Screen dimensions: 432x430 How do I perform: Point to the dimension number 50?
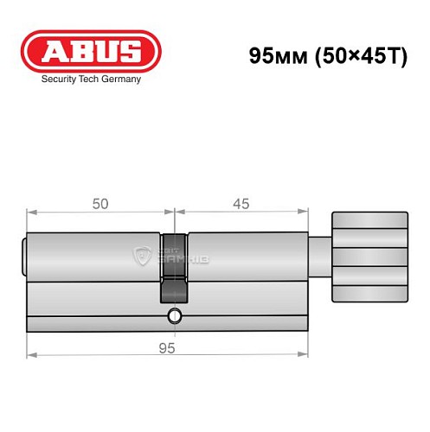tap(100, 204)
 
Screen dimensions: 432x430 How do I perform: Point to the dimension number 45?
tap(241, 204)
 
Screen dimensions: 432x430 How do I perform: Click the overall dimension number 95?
tap(168, 347)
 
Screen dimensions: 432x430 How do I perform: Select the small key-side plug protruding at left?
tap(23, 257)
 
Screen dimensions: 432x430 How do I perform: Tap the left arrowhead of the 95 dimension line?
tap(31, 355)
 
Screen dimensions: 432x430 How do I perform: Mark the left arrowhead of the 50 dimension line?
tap(31, 212)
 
